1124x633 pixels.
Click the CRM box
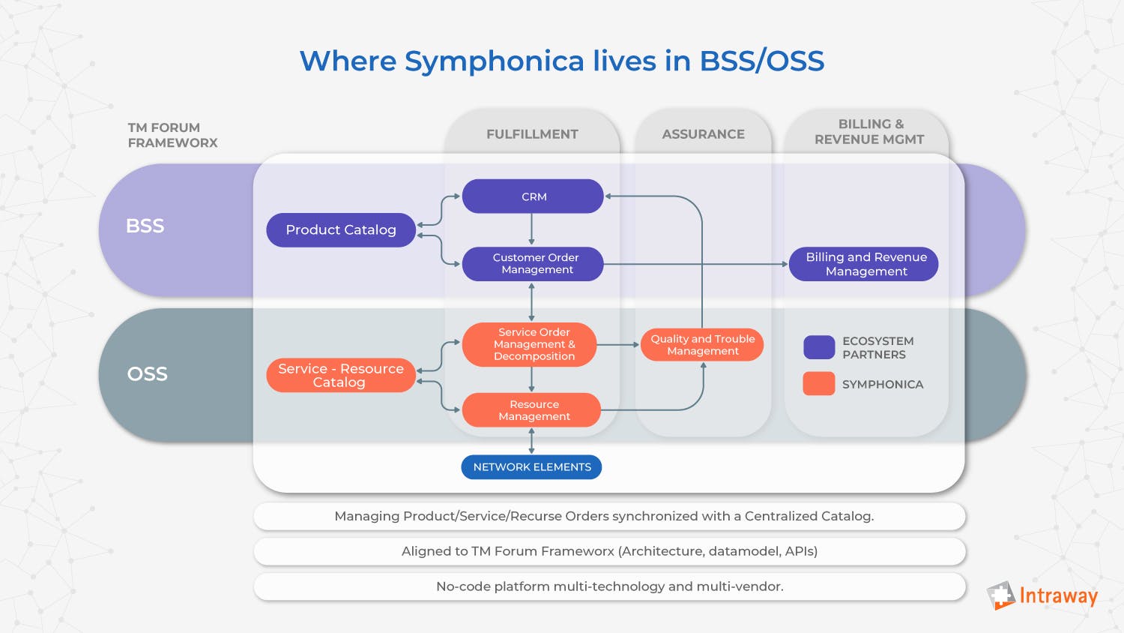pyautogui.click(x=533, y=196)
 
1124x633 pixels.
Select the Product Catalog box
pyautogui.click(x=341, y=230)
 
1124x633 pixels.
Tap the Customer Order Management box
pyautogui.click(x=533, y=264)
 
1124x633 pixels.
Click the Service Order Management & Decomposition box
pyautogui.click(x=530, y=344)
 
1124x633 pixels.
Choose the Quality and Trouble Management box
pyautogui.click(x=702, y=345)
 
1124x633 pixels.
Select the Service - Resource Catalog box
pyautogui.click(x=341, y=375)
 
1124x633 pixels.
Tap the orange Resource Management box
pyautogui.click(x=532, y=410)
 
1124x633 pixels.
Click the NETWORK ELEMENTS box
pyautogui.click(x=531, y=466)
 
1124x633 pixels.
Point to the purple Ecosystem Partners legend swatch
pyautogui.click(x=819, y=347)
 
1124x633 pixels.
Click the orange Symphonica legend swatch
pyautogui.click(x=819, y=383)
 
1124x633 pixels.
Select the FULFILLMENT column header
pyautogui.click(x=532, y=134)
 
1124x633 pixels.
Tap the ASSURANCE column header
pyautogui.click(x=703, y=134)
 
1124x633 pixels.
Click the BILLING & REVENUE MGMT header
pyautogui.click(x=869, y=132)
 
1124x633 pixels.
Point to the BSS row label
pyautogui.click(x=145, y=226)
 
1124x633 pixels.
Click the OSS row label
pyautogui.click(x=147, y=373)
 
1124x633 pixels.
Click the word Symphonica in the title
pyautogui.click(x=494, y=61)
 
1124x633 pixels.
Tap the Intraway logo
pyautogui.click(x=1042, y=596)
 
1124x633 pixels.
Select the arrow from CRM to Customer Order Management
pyautogui.click(x=531, y=229)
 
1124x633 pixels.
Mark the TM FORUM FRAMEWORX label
pyautogui.click(x=172, y=135)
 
